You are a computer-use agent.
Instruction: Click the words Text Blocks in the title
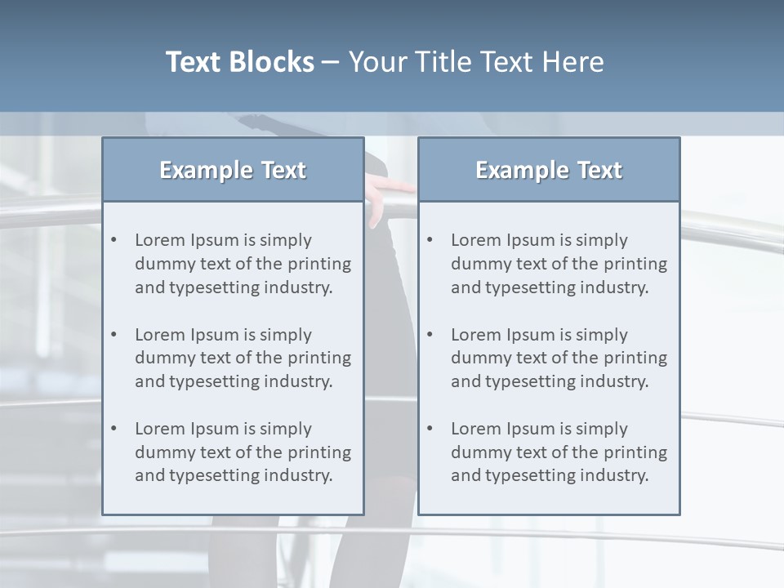[x=239, y=62]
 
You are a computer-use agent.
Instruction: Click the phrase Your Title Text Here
[x=476, y=62]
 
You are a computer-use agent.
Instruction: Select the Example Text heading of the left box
[x=233, y=170]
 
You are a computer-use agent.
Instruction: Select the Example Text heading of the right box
[x=549, y=170]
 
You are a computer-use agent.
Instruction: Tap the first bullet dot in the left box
[x=114, y=240]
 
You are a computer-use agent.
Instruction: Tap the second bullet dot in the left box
[x=114, y=335]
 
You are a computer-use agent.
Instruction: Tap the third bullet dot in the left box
[x=114, y=429]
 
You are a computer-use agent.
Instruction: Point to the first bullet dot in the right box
[x=430, y=240]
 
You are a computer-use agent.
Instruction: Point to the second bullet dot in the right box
[x=430, y=335]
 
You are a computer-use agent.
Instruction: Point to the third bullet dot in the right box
[x=430, y=429]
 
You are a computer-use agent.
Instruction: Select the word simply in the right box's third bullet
[x=602, y=429]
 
